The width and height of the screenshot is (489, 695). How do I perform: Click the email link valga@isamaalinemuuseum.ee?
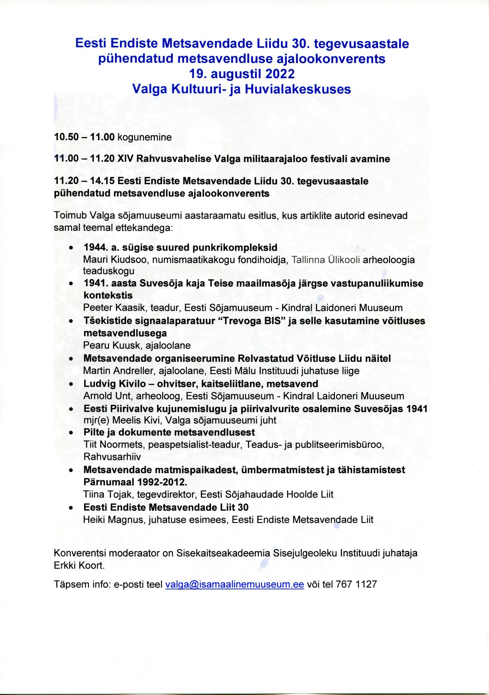[x=234, y=584]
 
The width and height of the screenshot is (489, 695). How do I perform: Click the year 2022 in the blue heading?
[x=280, y=74]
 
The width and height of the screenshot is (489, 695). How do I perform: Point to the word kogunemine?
[x=144, y=137]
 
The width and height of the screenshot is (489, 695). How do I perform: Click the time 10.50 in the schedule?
[x=66, y=137]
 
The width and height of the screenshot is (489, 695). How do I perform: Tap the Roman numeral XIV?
[x=125, y=159]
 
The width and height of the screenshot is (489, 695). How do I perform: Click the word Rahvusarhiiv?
[x=112, y=457]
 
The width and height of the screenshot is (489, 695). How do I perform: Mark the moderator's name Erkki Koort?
[x=79, y=565]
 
